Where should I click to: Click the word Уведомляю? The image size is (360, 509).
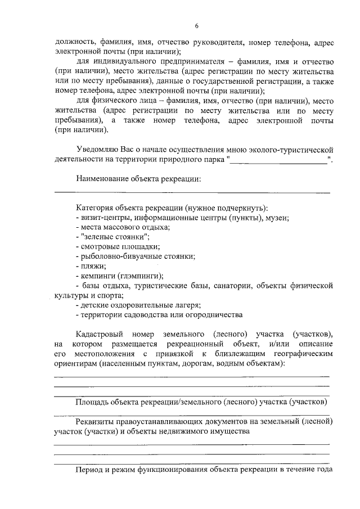click(x=96, y=150)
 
